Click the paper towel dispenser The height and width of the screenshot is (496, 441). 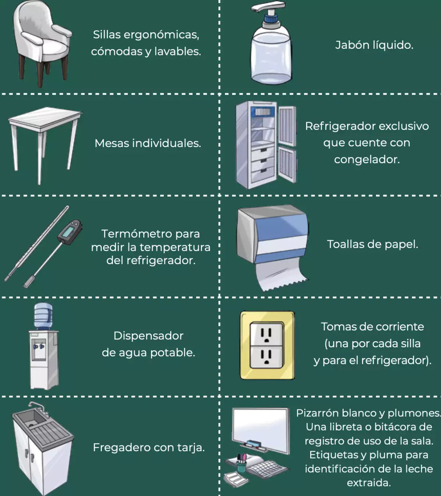coord(272,248)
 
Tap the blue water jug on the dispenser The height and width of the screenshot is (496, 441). coord(43,316)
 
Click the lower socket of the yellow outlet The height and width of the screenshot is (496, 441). coord(266,357)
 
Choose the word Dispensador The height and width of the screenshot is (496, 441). coord(148,336)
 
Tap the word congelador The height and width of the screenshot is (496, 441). coord(367,160)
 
